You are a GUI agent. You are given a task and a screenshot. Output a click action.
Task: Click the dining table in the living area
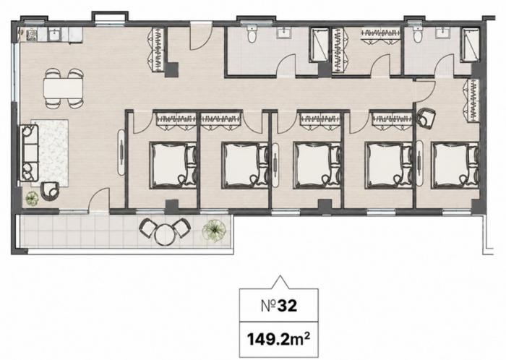64,87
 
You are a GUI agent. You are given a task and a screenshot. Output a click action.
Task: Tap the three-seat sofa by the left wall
29,153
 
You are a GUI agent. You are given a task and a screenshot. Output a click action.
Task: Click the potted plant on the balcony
214,231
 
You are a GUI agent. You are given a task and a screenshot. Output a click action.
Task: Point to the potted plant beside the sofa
32,198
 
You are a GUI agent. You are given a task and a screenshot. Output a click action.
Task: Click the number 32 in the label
287,306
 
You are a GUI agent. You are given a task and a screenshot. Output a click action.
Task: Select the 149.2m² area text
279,339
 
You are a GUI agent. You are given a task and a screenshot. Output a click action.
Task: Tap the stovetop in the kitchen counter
32,35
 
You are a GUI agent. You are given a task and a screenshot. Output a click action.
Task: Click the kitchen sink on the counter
54,35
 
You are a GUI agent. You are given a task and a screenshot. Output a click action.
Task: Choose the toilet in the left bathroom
252,34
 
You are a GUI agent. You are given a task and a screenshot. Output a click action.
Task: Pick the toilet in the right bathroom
417,34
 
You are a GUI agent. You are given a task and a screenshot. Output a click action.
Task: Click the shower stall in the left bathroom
319,45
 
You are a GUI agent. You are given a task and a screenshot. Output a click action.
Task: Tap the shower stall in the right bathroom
470,45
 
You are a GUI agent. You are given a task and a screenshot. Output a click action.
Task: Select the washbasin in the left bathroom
284,33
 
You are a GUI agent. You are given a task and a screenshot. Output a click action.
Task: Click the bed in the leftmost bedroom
173,166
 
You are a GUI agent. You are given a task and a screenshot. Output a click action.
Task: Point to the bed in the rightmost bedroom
455,166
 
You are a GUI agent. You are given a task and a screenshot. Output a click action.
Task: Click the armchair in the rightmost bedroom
426,119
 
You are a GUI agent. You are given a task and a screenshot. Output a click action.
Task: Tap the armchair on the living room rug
50,191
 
